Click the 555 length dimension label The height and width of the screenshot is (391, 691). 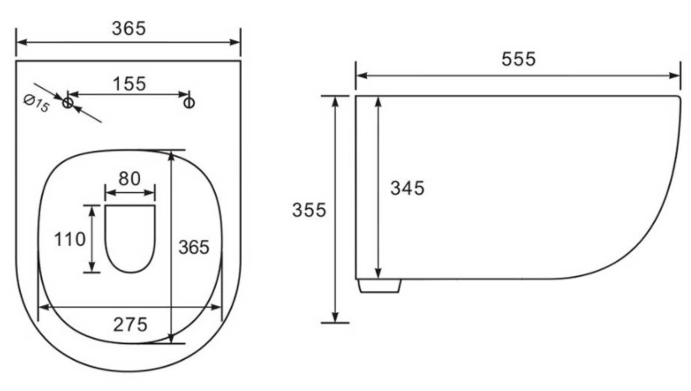click(x=518, y=59)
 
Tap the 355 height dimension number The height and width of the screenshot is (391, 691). click(x=309, y=210)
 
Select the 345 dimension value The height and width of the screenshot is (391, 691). click(x=407, y=189)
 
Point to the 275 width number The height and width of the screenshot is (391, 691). click(x=130, y=325)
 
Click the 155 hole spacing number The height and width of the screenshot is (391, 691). click(x=129, y=84)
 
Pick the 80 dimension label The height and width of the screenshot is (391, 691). click(x=129, y=179)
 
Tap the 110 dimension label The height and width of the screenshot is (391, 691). click(x=70, y=239)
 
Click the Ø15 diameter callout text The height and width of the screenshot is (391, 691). click(x=36, y=104)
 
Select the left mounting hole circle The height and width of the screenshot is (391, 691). click(x=67, y=103)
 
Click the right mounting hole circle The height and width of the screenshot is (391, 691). click(x=189, y=103)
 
